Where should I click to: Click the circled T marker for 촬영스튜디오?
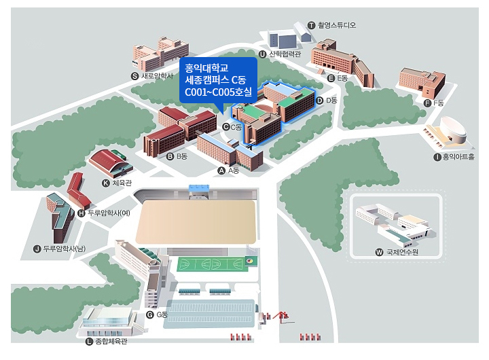click(311, 25)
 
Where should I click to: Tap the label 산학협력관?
click(285, 54)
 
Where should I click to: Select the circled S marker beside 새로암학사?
click(134, 76)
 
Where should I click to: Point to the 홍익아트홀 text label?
click(458, 157)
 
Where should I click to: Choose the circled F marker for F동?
click(428, 103)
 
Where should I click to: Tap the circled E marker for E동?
click(331, 78)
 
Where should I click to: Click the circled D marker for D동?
click(319, 101)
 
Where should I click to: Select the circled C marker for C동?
click(226, 127)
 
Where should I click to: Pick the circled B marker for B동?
click(170, 156)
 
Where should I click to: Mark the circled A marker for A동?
click(221, 170)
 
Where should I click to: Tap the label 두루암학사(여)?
click(109, 213)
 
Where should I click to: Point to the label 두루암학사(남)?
click(64, 249)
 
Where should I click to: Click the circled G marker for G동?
click(150, 314)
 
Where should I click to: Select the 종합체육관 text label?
click(111, 341)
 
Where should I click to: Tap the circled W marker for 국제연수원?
click(379, 252)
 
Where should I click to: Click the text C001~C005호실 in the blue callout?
click(218, 92)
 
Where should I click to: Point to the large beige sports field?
click(196, 222)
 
